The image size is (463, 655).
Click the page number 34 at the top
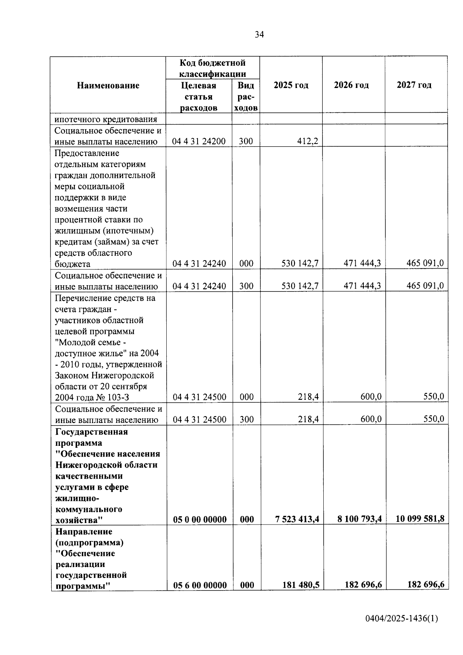(x=259, y=35)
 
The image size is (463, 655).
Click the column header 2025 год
(x=291, y=85)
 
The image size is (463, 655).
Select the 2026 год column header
(x=351, y=85)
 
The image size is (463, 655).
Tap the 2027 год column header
(x=414, y=85)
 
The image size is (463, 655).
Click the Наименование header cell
(x=108, y=85)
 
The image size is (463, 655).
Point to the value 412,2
(x=308, y=141)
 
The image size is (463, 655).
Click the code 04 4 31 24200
(x=199, y=141)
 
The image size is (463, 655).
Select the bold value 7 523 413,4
(x=297, y=519)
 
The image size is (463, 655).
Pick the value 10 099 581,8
(x=420, y=519)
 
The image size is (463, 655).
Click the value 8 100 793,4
(x=360, y=519)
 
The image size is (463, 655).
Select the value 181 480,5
(x=301, y=585)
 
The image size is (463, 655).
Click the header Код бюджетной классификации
(x=213, y=68)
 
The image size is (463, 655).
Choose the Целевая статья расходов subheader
(x=199, y=96)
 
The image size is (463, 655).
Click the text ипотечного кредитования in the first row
(x=106, y=119)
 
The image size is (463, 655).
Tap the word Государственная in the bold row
(x=91, y=432)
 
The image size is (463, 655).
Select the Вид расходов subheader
(x=245, y=96)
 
